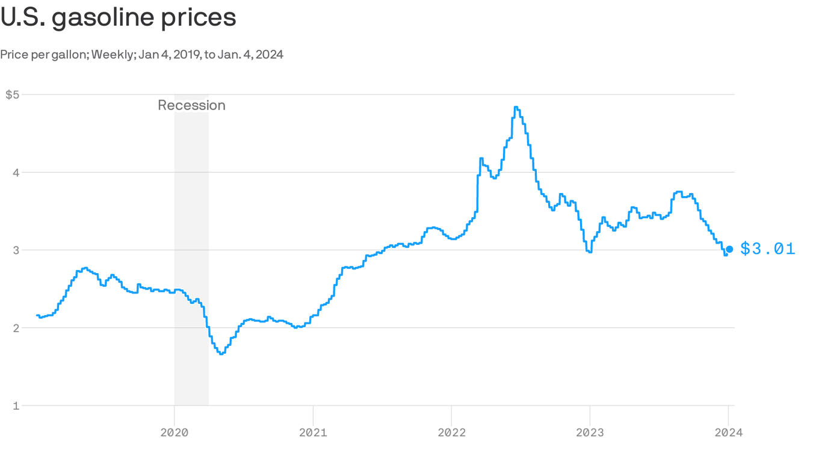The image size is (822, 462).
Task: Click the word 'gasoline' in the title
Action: pyautogui.click(x=104, y=17)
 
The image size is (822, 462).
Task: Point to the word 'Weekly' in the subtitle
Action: pyautogui.click(x=113, y=55)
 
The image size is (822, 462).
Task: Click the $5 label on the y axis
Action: pyautogui.click(x=13, y=94)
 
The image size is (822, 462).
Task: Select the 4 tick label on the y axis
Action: pyautogui.click(x=16, y=173)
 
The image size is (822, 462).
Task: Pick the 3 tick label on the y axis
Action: pyautogui.click(x=16, y=250)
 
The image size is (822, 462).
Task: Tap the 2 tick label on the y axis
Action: pyautogui.click(x=16, y=328)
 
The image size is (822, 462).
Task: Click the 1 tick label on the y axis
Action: pyautogui.click(x=16, y=406)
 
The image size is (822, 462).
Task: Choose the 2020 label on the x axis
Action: pyautogui.click(x=175, y=432)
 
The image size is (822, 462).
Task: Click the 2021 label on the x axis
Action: pyautogui.click(x=313, y=432)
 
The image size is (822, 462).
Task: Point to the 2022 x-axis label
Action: pyautogui.click(x=451, y=432)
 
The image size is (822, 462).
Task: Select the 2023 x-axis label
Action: pyautogui.click(x=590, y=432)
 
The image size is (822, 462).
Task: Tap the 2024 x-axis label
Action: pyautogui.click(x=728, y=432)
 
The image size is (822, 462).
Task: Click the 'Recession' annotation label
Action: pyautogui.click(x=191, y=105)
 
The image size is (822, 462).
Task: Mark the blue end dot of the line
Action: pyautogui.click(x=729, y=249)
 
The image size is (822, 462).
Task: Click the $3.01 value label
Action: pyautogui.click(x=768, y=248)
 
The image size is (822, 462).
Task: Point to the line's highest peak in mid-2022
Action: pyautogui.click(x=516, y=107)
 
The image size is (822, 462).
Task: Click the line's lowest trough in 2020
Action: pyautogui.click(x=221, y=354)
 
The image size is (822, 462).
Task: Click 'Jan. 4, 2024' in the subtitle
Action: pyautogui.click(x=253, y=55)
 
